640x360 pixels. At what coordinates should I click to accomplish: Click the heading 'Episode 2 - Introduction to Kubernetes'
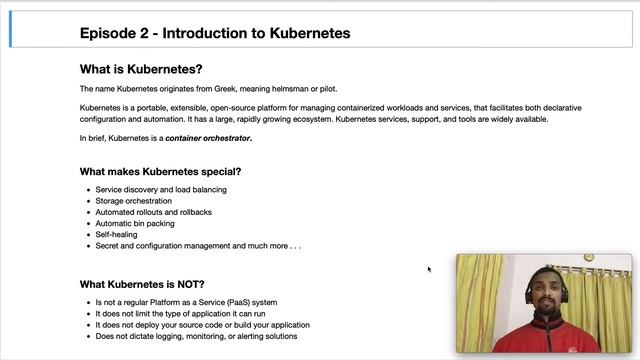point(214,33)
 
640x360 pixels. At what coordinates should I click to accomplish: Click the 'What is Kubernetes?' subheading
point(140,70)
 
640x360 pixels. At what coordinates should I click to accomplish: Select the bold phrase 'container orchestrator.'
point(208,138)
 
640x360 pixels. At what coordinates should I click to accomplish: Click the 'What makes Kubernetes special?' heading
point(160,171)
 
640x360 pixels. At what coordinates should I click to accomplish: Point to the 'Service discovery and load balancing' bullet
point(161,189)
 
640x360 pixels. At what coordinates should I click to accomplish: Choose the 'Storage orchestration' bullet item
point(133,201)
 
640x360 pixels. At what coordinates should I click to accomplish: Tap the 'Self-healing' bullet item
point(116,235)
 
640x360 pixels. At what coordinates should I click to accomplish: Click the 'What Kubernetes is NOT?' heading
point(142,284)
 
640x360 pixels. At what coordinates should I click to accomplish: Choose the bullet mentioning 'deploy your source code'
point(202,325)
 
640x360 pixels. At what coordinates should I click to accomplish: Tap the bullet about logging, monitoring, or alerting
point(196,336)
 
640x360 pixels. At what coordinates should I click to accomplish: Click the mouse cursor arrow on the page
point(429,269)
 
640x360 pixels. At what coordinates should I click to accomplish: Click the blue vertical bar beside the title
point(11,32)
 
